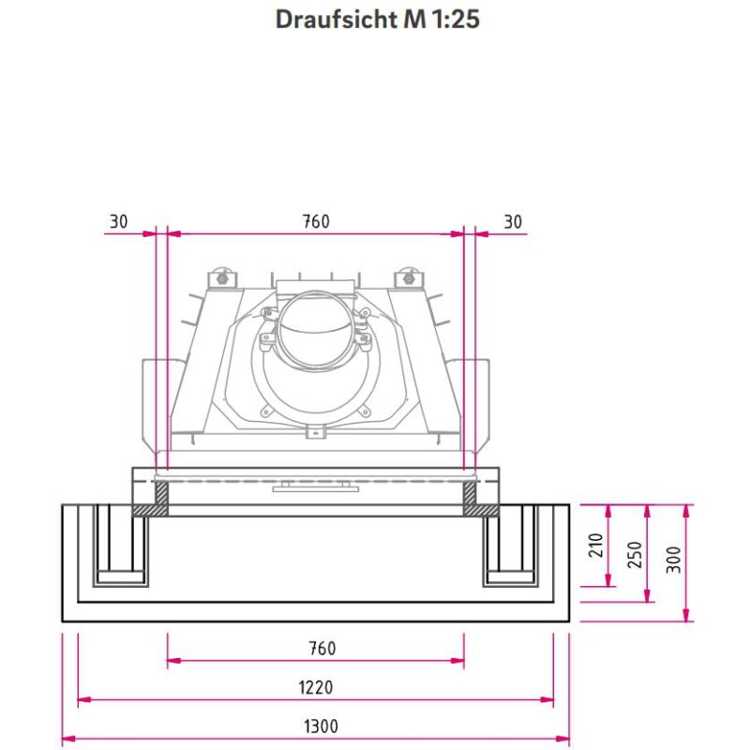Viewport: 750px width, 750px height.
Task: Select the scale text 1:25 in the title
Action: coord(455,20)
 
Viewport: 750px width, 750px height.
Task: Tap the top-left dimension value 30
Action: coord(119,221)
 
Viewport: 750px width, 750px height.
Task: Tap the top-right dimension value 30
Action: coord(513,221)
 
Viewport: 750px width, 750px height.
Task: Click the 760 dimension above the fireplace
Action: coord(316,221)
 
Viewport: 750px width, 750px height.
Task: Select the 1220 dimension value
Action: coord(317,687)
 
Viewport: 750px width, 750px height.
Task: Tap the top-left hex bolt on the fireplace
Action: coord(221,278)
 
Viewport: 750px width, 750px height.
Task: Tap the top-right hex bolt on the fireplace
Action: coord(410,278)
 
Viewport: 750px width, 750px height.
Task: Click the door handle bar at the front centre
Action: coord(315,487)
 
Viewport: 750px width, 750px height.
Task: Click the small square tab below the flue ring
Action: coord(317,431)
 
